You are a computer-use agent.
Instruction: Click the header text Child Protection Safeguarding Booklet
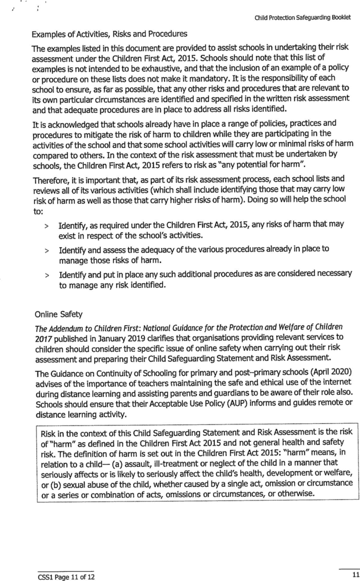tap(303, 18)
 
